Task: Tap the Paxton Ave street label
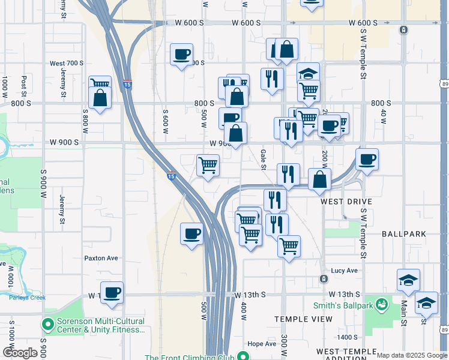[x=101, y=258]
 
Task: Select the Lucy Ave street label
[x=345, y=271]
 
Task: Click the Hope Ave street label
[x=261, y=344]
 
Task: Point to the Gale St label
[x=263, y=158]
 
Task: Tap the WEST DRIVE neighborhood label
[x=346, y=202]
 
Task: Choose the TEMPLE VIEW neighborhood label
[x=303, y=319]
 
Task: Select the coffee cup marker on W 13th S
[x=112, y=293]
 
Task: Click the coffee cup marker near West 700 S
[x=181, y=55]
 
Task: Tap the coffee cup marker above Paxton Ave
[x=192, y=233]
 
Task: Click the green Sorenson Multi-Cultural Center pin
[x=48, y=325]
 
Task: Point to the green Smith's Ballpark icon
[x=381, y=305]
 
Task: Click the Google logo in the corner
[x=20, y=353]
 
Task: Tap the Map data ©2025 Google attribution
[x=412, y=355]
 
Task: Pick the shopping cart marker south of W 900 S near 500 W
[x=208, y=165]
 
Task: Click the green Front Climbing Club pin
[x=242, y=356]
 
